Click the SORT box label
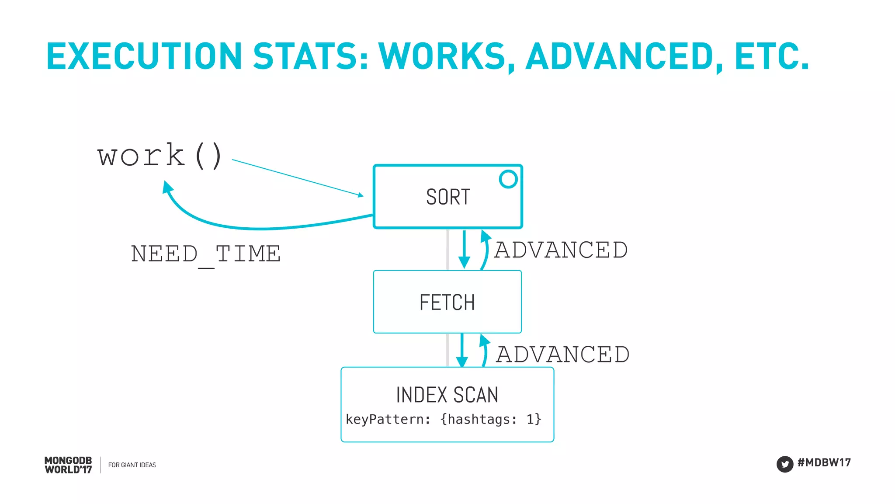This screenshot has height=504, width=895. (x=448, y=197)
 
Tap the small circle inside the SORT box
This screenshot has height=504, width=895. (x=508, y=179)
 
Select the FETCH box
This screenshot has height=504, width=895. (x=447, y=302)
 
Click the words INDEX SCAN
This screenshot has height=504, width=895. (x=447, y=395)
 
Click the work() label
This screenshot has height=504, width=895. (x=160, y=156)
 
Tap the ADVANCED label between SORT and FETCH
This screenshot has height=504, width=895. (x=561, y=250)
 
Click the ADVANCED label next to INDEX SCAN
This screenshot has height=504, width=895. (x=563, y=355)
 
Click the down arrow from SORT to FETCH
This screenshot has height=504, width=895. (x=464, y=249)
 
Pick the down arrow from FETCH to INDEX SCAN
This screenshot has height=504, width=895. (x=462, y=350)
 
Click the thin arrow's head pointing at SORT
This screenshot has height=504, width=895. (x=360, y=195)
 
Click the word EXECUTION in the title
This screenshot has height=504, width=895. (x=144, y=56)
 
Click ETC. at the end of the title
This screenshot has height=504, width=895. (x=772, y=56)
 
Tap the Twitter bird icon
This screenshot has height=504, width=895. (x=784, y=464)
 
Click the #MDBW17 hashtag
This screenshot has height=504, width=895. (x=824, y=462)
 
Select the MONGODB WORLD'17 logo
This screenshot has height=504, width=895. (x=68, y=465)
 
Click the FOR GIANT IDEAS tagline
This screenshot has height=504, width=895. (x=132, y=465)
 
